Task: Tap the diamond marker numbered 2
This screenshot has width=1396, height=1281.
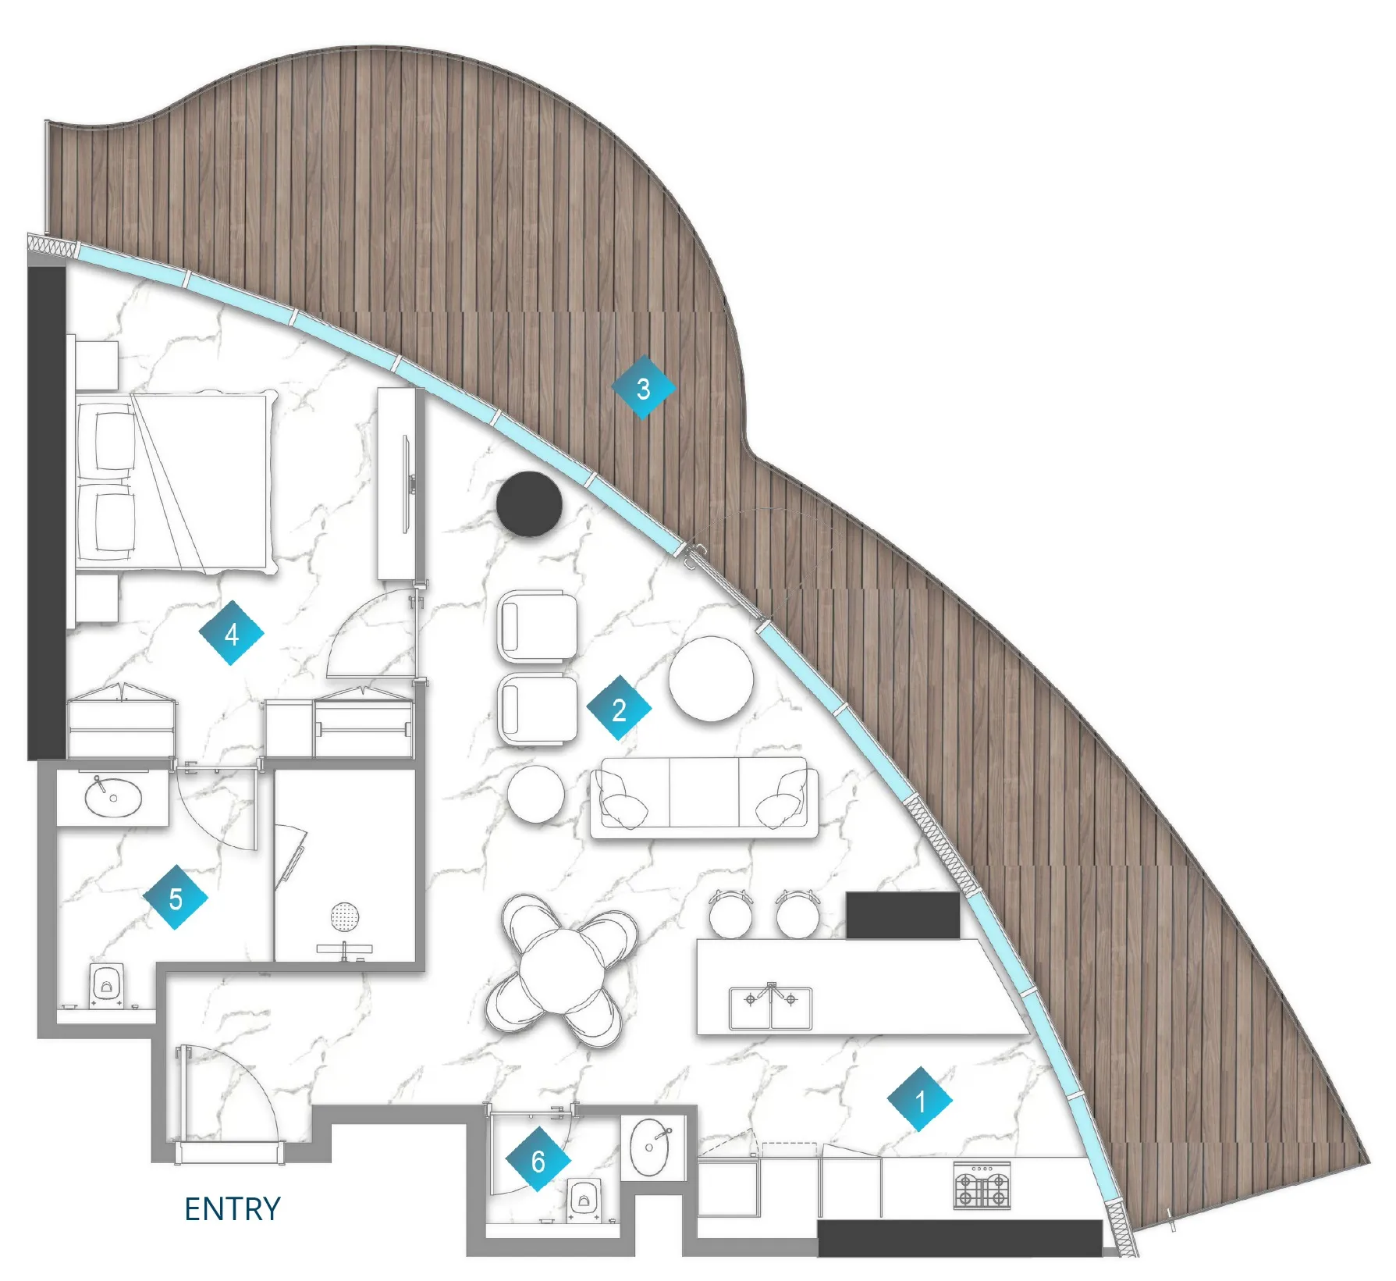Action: [619, 708]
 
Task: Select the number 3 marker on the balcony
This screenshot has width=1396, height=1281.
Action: [643, 387]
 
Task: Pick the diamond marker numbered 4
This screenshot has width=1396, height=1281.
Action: [232, 633]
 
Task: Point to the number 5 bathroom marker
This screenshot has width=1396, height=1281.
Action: [176, 898]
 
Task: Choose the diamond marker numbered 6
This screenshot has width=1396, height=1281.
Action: [538, 1159]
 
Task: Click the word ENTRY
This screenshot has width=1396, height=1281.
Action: [233, 1208]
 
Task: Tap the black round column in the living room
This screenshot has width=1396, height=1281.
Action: [529, 504]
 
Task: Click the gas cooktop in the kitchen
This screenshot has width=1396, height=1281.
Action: [982, 1186]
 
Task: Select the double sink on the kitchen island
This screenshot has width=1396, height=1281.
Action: [771, 1007]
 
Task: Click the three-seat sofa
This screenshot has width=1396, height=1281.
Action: [705, 797]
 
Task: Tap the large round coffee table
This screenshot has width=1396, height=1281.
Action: [711, 678]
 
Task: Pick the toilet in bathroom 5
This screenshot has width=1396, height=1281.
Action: [105, 986]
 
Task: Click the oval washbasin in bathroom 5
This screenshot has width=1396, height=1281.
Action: [113, 796]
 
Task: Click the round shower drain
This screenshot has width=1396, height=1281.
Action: [345, 916]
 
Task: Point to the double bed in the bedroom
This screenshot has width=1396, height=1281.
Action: [176, 482]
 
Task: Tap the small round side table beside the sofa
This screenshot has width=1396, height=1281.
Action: [536, 793]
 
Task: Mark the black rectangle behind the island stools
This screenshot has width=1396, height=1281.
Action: [903, 916]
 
